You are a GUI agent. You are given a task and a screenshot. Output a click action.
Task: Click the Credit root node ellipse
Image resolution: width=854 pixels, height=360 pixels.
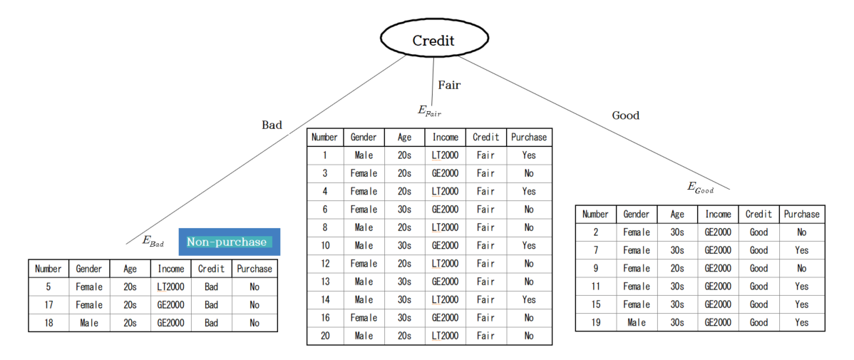click(x=433, y=40)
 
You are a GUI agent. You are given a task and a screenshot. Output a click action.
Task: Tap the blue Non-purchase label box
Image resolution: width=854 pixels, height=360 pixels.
click(x=230, y=242)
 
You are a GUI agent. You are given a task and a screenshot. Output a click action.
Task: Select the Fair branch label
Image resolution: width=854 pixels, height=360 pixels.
click(x=449, y=85)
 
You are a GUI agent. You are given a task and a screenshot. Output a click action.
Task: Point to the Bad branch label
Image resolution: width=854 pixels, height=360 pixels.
click(x=272, y=125)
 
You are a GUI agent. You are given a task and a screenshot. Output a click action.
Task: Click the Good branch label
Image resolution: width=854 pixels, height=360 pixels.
click(x=626, y=115)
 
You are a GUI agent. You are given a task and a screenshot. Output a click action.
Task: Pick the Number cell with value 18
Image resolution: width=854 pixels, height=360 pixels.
click(x=48, y=323)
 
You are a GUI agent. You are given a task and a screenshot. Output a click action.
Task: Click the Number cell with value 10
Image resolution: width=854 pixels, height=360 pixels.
click(x=325, y=246)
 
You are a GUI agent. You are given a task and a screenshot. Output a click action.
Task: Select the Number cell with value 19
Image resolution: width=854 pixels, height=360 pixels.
click(x=595, y=322)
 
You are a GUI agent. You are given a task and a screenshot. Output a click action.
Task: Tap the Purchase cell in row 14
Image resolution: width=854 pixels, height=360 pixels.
click(x=528, y=299)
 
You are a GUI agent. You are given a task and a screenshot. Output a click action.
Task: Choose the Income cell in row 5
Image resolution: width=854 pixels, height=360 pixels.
click(x=171, y=287)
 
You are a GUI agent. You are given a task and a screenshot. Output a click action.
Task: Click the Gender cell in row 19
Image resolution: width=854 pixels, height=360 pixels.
click(x=636, y=322)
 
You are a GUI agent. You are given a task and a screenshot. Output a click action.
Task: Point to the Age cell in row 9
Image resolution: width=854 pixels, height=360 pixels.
click(x=677, y=269)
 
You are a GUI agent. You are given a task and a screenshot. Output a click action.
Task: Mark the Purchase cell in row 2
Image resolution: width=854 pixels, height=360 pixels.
click(x=801, y=232)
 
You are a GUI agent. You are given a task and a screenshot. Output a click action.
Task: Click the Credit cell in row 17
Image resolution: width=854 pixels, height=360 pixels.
click(x=212, y=305)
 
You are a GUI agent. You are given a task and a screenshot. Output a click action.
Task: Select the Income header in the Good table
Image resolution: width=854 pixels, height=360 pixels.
click(x=718, y=215)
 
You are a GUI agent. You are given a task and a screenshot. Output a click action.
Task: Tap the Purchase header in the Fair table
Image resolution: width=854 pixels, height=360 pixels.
click(x=528, y=138)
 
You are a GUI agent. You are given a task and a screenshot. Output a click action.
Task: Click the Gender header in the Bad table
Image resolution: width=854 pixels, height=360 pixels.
click(x=89, y=269)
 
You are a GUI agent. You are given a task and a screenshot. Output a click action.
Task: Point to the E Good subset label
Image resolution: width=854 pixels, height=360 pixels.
click(x=701, y=188)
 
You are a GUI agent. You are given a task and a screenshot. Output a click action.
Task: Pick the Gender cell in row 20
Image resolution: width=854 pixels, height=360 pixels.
click(x=364, y=336)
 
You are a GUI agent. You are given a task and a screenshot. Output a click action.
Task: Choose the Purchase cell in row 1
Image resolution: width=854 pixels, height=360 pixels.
click(x=528, y=155)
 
